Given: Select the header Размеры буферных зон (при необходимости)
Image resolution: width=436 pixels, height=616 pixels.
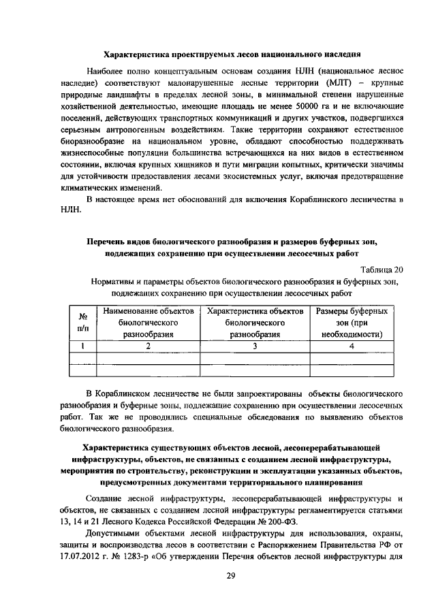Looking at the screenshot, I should coord(352,323).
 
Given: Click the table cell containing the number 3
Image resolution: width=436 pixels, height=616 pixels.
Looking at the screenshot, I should coord(255,346).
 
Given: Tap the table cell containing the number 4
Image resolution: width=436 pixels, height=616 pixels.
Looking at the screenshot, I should coord(352,346).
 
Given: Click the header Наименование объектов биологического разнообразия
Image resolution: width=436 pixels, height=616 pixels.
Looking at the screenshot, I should coord(148,323).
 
